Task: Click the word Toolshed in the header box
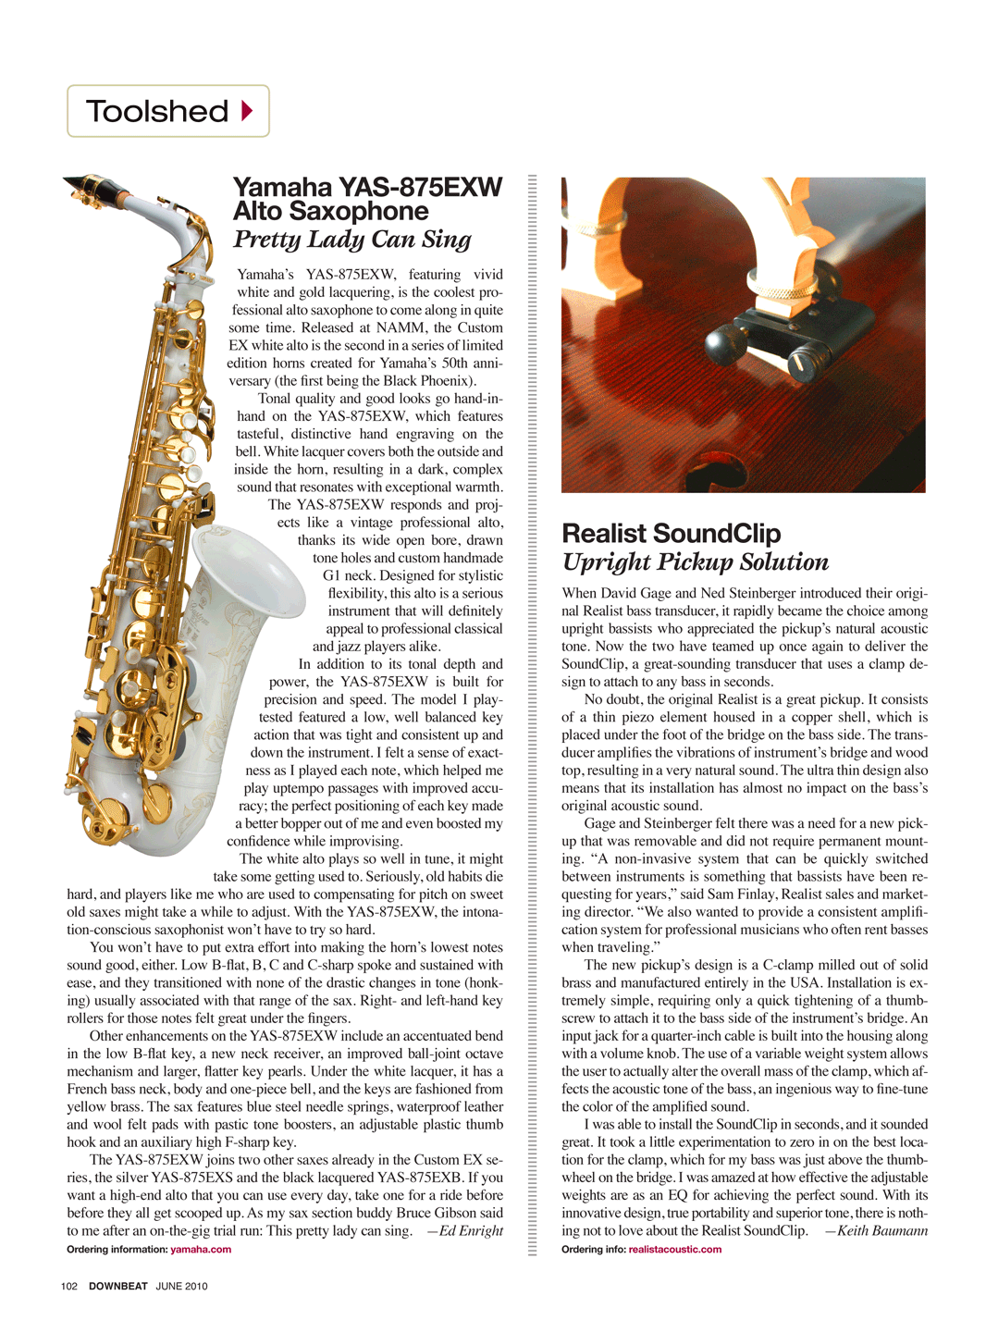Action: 157,111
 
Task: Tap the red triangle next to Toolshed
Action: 247,111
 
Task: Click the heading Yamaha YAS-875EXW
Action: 367,187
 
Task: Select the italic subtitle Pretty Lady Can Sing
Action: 352,240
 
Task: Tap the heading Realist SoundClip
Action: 672,534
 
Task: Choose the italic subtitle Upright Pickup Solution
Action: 696,562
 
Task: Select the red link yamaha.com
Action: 201,1250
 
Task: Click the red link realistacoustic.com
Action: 675,1250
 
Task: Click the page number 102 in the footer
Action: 69,1286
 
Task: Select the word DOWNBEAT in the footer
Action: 118,1286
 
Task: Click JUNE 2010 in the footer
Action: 181,1286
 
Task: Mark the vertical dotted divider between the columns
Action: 532,712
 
